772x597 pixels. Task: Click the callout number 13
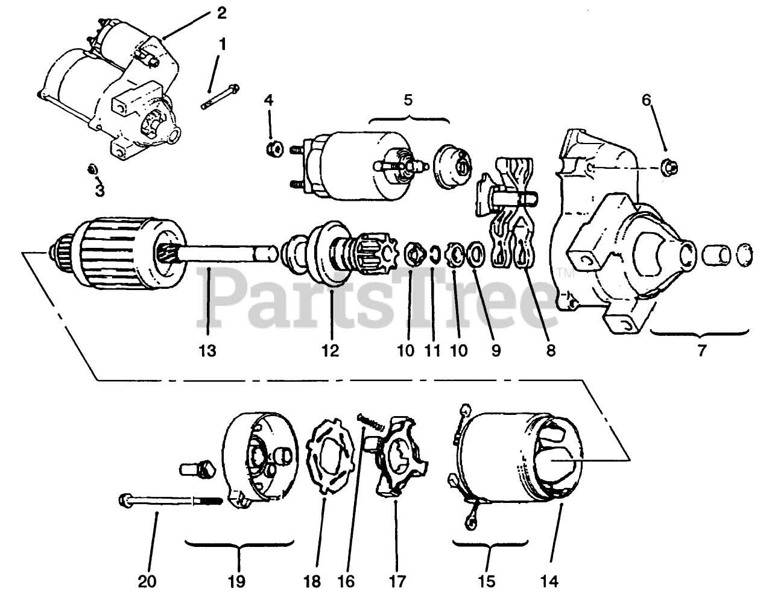tap(207, 350)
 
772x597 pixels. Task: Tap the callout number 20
tap(147, 581)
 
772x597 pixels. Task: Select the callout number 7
tap(700, 350)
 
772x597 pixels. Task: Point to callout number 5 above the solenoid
tap(408, 99)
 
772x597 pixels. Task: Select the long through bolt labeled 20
tap(169, 500)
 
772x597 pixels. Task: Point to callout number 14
tap(549, 581)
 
